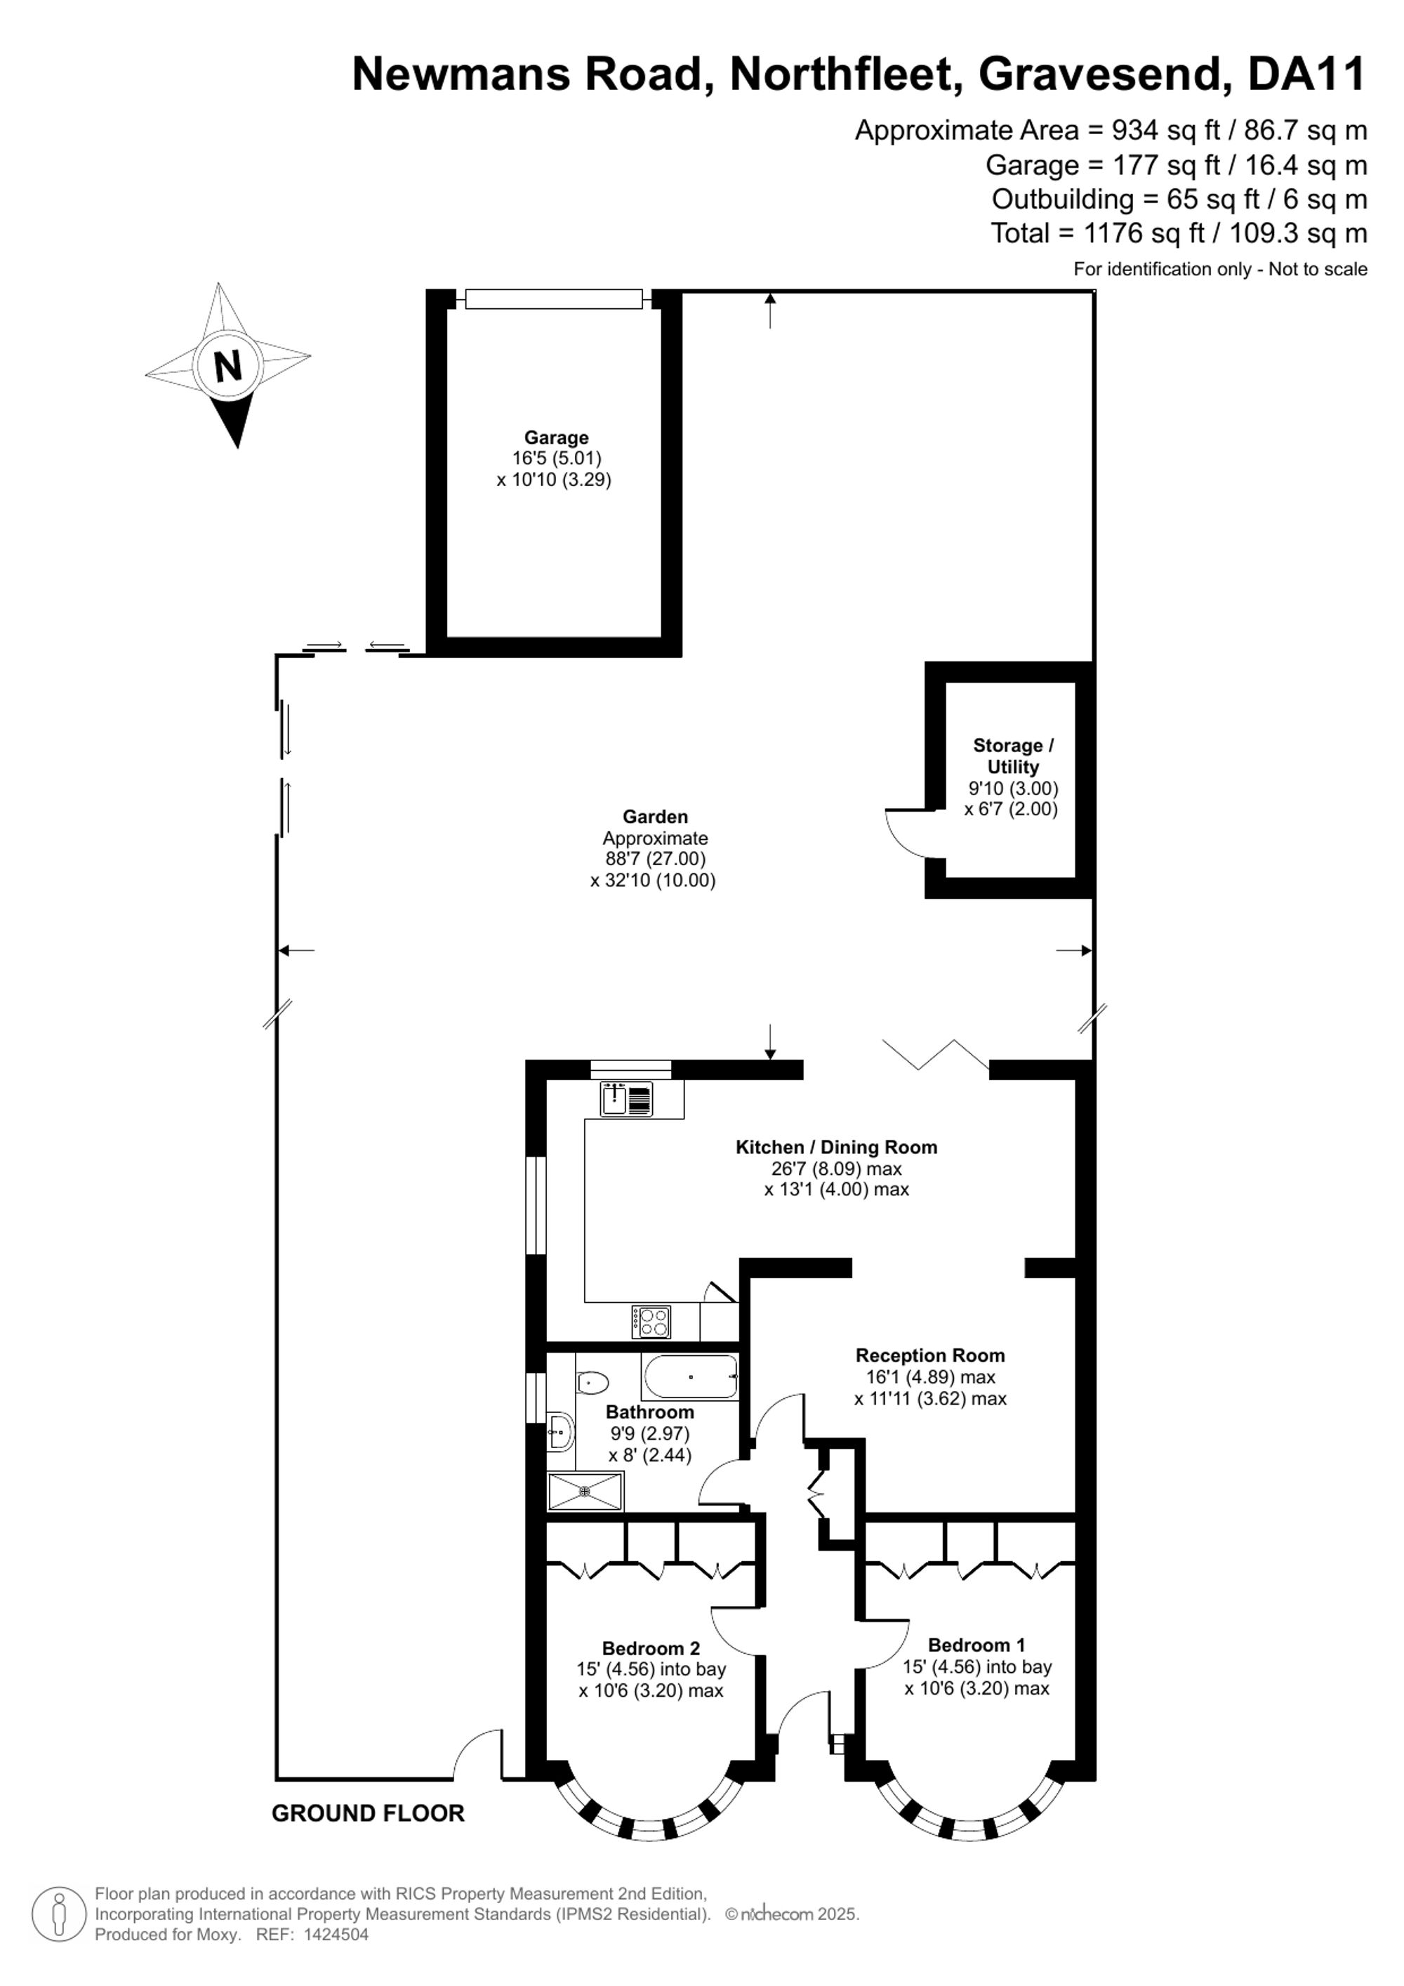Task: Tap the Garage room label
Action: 556,438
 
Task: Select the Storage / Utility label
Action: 1012,756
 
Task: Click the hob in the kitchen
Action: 651,1322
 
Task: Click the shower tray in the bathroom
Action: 585,1490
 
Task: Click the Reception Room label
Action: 930,1355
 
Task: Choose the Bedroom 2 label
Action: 651,1649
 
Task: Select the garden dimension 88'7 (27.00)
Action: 655,859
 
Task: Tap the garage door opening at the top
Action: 554,299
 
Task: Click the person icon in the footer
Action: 60,1914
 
